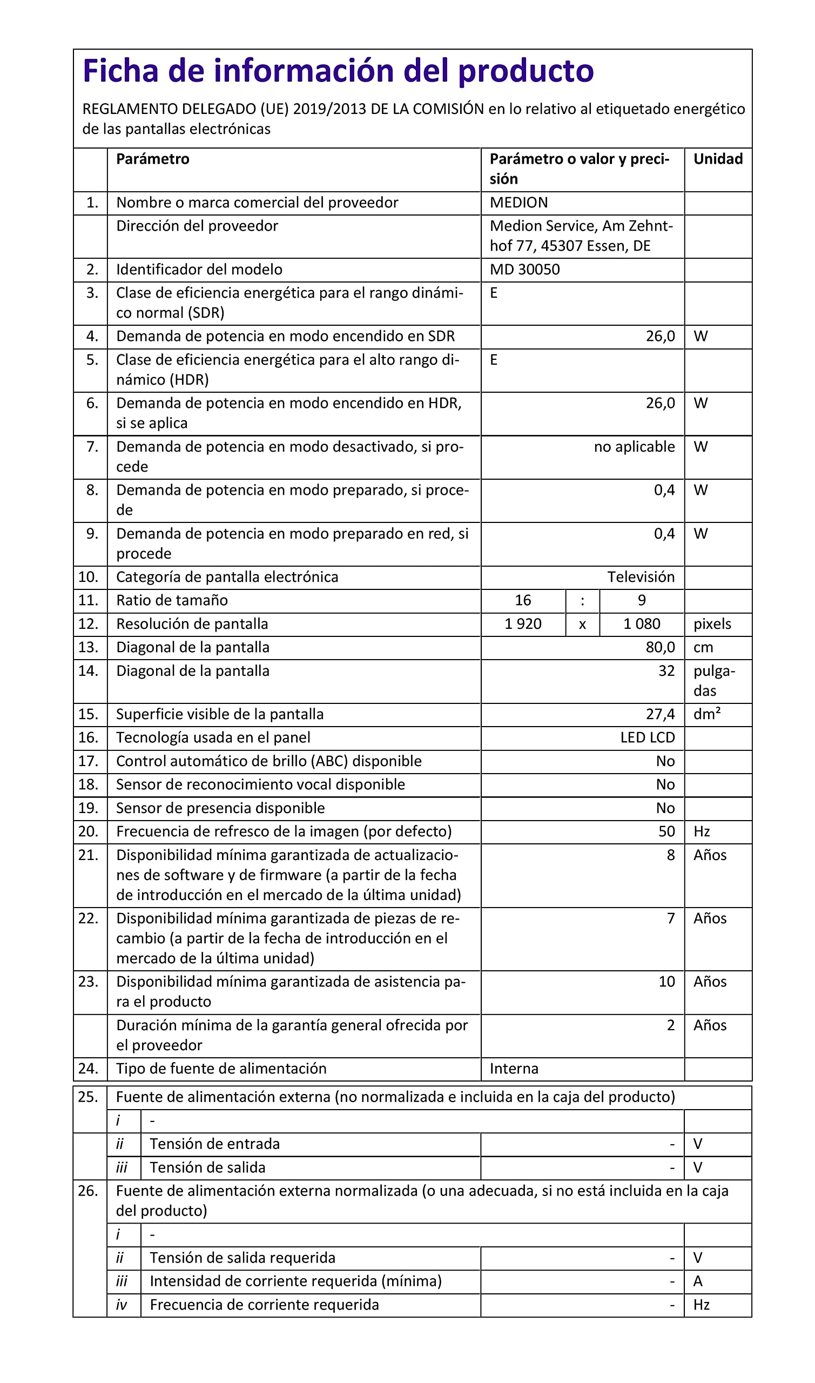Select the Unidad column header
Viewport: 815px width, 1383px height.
[718, 159]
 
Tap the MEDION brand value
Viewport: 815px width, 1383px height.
[518, 203]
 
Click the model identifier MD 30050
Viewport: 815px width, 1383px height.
[524, 270]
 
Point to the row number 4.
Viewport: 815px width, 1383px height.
[92, 336]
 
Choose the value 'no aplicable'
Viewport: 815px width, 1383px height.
[634, 447]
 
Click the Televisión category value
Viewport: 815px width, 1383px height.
[641, 577]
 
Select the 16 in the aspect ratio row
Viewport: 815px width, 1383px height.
[523, 600]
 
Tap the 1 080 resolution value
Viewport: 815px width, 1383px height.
[642, 624]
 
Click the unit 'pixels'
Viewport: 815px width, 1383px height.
[712, 624]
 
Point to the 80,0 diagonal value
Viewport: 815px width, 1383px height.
[660, 647]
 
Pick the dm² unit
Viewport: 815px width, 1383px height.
[706, 714]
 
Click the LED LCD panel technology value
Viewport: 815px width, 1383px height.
[647, 737]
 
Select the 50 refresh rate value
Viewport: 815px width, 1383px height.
[666, 831]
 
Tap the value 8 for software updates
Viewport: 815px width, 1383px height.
[671, 855]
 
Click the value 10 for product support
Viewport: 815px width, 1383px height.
[666, 982]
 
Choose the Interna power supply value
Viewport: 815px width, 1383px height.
[514, 1068]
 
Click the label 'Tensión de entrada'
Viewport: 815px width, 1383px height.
[214, 1144]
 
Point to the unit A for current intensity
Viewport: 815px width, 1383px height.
[697, 1281]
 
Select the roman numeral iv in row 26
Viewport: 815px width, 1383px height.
[122, 1305]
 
